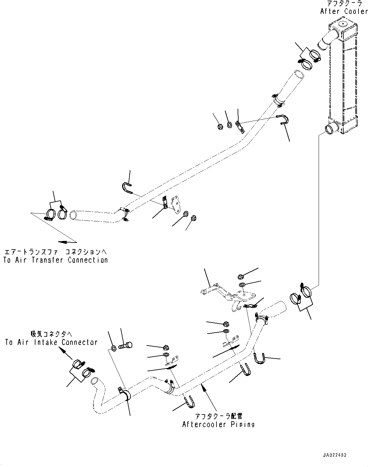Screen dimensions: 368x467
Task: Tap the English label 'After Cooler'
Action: pyautogui.click(x=344, y=11)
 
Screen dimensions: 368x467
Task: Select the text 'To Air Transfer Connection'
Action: pyautogui.click(x=56, y=260)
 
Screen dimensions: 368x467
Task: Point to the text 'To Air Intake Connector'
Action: pyautogui.click(x=51, y=342)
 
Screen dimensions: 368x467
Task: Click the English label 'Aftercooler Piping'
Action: pyautogui.click(x=218, y=424)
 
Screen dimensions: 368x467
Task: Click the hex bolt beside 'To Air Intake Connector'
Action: pyautogui.click(x=126, y=345)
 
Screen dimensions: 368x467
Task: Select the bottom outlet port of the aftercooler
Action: pyautogui.click(x=331, y=129)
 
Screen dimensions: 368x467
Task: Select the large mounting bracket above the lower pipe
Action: pyautogui.click(x=228, y=296)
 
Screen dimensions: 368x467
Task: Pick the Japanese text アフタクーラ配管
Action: pyautogui.click(x=219, y=416)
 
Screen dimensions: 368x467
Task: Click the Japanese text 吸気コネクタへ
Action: pyautogui.click(x=52, y=334)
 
